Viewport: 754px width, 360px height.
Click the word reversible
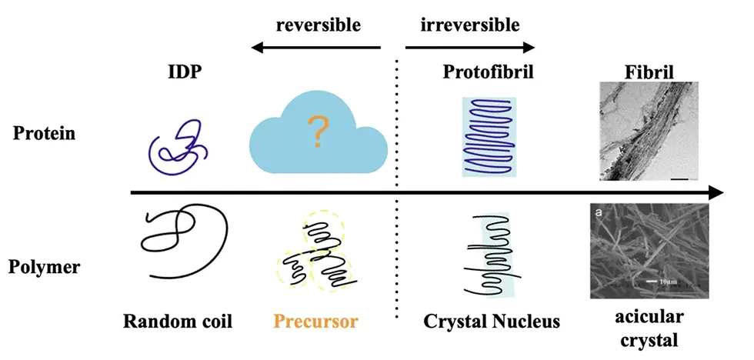pos(318,25)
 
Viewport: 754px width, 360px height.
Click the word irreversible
pos(470,25)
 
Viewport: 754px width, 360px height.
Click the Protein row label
pos(44,134)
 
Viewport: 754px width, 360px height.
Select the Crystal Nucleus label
pos(491,320)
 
